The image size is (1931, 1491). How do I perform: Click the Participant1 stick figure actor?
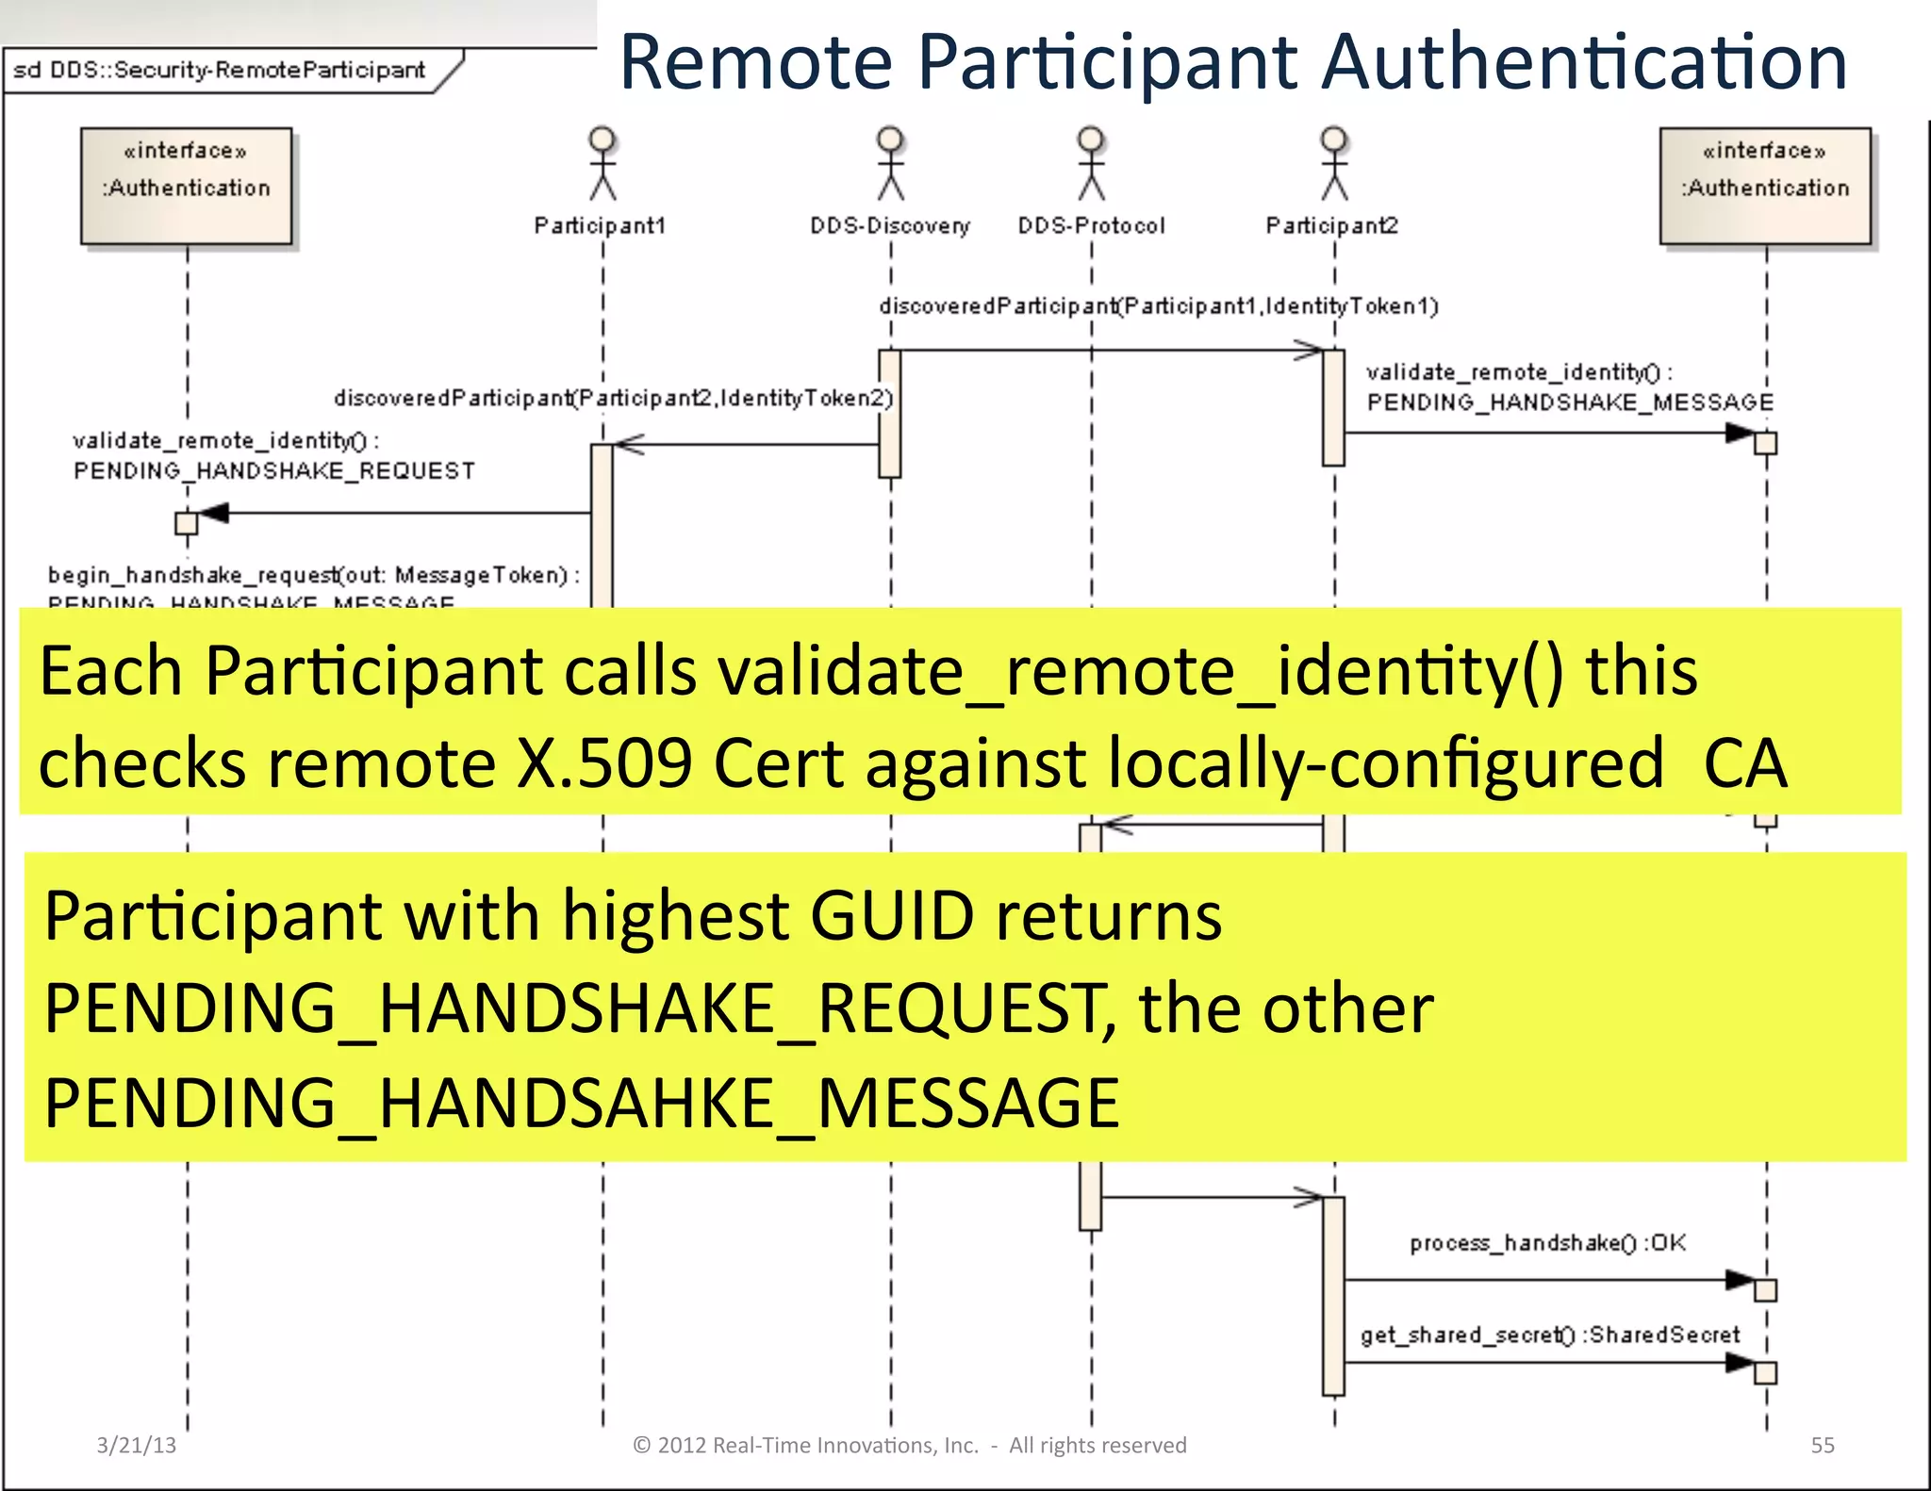point(602,164)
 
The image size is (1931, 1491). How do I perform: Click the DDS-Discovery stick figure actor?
point(890,164)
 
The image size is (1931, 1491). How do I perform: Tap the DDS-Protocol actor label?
point(1091,226)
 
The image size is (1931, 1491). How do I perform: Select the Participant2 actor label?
point(1331,226)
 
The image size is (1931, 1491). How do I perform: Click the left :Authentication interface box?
point(187,186)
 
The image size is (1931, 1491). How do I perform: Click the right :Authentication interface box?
point(1765,186)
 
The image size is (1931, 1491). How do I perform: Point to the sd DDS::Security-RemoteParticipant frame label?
point(220,71)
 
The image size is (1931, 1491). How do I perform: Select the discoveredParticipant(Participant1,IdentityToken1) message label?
point(1159,306)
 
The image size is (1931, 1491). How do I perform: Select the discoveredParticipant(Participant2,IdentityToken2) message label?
point(613,398)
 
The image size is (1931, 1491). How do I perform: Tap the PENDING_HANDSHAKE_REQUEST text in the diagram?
point(274,470)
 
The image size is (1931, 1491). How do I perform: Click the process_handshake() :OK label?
point(1547,1243)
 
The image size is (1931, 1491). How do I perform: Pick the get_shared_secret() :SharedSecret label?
point(1549,1335)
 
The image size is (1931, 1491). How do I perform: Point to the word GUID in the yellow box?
point(892,916)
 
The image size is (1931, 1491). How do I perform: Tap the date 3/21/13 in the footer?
point(137,1445)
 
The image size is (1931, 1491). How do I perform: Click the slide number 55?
point(1823,1445)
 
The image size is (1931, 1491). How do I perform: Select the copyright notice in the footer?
point(909,1445)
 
